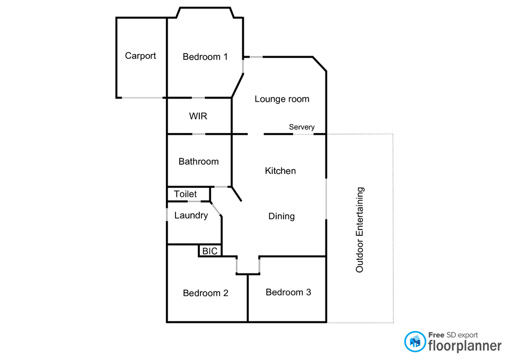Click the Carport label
coord(141,56)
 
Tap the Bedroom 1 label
coord(205,57)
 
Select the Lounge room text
coord(282,99)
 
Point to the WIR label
coord(198,116)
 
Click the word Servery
coord(302,127)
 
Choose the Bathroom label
coord(198,162)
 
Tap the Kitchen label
coord(280,171)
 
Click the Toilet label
coord(186,195)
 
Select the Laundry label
coord(191,216)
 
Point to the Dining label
coord(282,216)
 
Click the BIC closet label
coord(210,251)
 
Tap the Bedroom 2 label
coord(206,293)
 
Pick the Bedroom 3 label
coord(288,292)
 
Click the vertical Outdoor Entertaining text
coord(360,230)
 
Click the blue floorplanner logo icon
coord(415,341)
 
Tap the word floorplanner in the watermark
coord(464,346)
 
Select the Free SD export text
coord(453,335)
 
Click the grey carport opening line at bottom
coord(142,98)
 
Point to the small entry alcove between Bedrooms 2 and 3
coord(248,265)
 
